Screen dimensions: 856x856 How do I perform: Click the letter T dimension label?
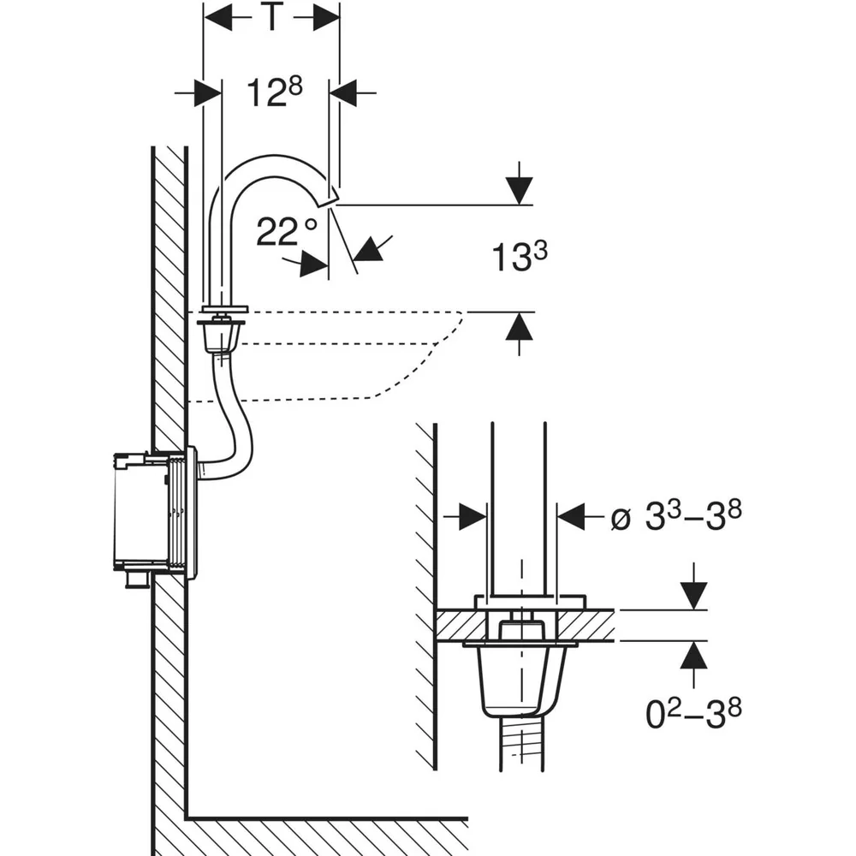(272, 17)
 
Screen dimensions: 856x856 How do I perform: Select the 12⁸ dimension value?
(275, 92)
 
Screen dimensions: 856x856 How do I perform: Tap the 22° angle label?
(287, 231)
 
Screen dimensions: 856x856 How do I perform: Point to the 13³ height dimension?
(520, 257)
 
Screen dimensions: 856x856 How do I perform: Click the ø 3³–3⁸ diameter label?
(676, 516)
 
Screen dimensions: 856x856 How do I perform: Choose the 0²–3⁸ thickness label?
(693, 714)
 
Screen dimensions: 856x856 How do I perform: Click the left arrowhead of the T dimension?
(217, 19)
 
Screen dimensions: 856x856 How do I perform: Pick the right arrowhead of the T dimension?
(326, 19)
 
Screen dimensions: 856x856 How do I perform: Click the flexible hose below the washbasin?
(241, 431)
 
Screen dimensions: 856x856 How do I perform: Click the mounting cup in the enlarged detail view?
(522, 679)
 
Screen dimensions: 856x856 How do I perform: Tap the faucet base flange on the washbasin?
(223, 309)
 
